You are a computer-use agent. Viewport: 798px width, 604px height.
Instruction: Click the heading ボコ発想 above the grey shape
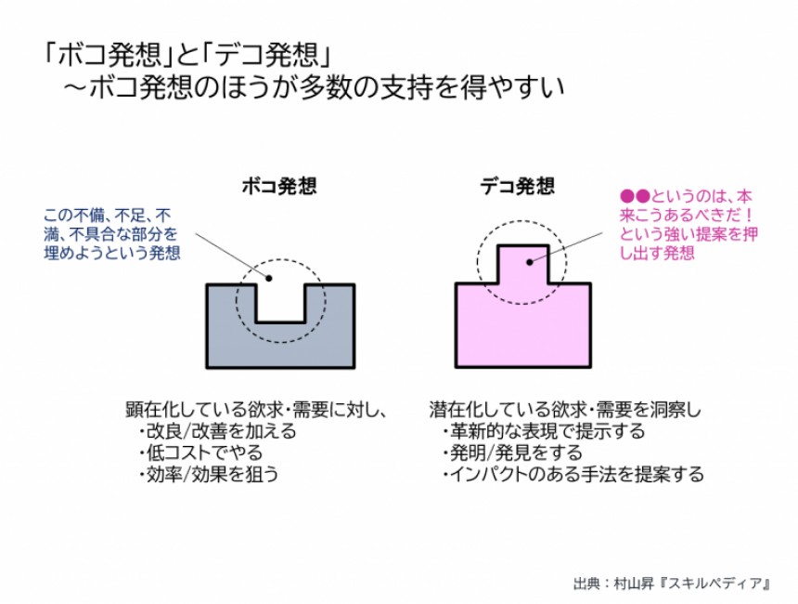(279, 186)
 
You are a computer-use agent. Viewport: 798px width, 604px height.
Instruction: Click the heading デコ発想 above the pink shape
(517, 186)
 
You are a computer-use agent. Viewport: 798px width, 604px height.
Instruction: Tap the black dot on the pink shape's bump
(530, 262)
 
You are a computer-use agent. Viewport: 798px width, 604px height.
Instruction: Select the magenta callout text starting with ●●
(688, 224)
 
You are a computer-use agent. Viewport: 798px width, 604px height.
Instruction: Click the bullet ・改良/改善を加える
(217, 431)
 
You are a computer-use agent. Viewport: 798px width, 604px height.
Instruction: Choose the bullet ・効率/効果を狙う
(209, 474)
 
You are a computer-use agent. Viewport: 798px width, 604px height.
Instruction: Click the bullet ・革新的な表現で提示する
(543, 431)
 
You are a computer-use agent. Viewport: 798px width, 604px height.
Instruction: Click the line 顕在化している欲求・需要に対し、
(254, 409)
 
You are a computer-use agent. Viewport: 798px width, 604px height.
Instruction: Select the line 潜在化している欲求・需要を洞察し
(565, 409)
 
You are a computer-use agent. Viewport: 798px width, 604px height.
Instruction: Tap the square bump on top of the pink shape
(522, 263)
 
